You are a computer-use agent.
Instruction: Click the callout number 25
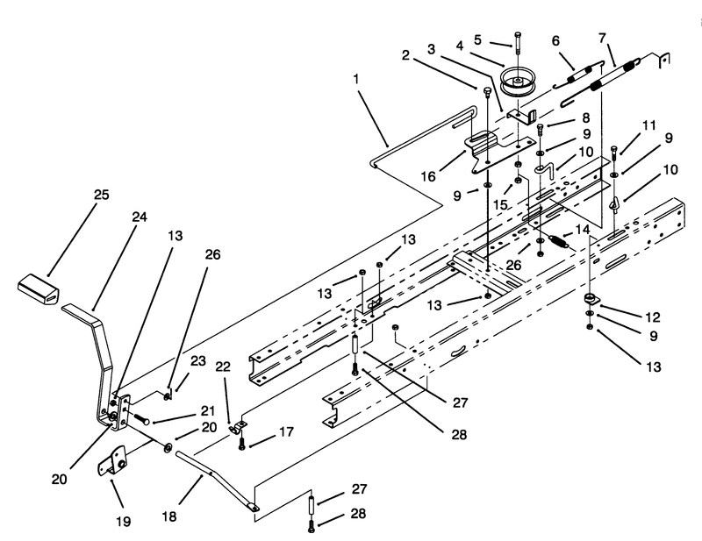click(102, 196)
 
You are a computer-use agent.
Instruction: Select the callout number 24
click(140, 217)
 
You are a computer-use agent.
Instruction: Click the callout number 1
click(356, 80)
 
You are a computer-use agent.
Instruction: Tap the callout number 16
click(428, 177)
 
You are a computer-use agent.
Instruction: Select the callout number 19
click(123, 522)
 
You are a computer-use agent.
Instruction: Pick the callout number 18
click(169, 516)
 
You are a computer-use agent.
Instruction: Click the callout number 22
click(223, 367)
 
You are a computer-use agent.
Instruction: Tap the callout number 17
click(287, 432)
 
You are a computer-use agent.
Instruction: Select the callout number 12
click(653, 317)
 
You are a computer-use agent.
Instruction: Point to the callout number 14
click(583, 230)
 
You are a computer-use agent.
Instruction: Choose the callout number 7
click(602, 38)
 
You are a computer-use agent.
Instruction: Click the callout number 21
click(208, 410)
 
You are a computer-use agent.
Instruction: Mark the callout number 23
click(198, 360)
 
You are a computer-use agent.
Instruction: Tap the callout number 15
click(500, 205)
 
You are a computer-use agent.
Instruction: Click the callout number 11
click(649, 125)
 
